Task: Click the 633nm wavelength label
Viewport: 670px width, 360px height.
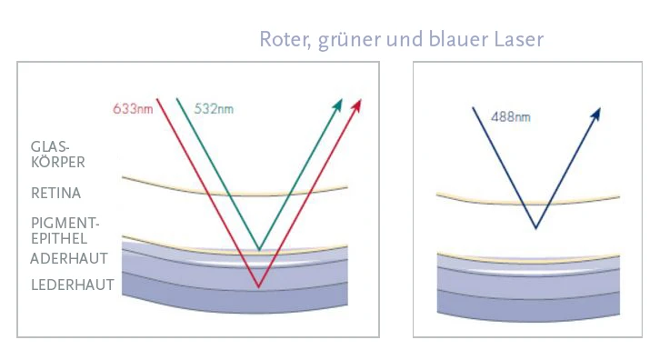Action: coord(132,109)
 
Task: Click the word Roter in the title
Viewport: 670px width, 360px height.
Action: coord(284,40)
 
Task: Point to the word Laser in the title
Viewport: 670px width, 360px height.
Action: coord(518,40)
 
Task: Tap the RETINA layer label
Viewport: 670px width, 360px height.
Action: coord(55,194)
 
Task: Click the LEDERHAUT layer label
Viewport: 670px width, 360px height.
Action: coord(72,285)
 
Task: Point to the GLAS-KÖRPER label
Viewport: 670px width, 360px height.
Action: coord(57,155)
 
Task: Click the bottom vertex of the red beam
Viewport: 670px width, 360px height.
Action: coord(259,287)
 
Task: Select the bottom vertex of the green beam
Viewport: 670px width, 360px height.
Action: coord(259,249)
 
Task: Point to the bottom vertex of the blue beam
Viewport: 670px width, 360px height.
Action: coord(536,228)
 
